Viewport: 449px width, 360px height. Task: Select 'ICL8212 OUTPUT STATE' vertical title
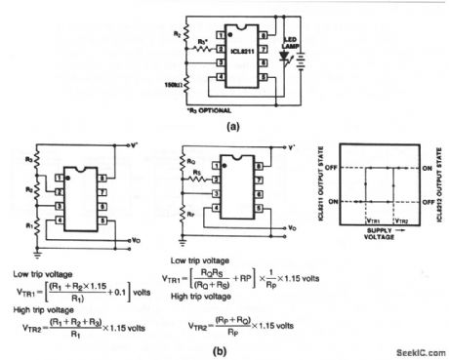(436, 185)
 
